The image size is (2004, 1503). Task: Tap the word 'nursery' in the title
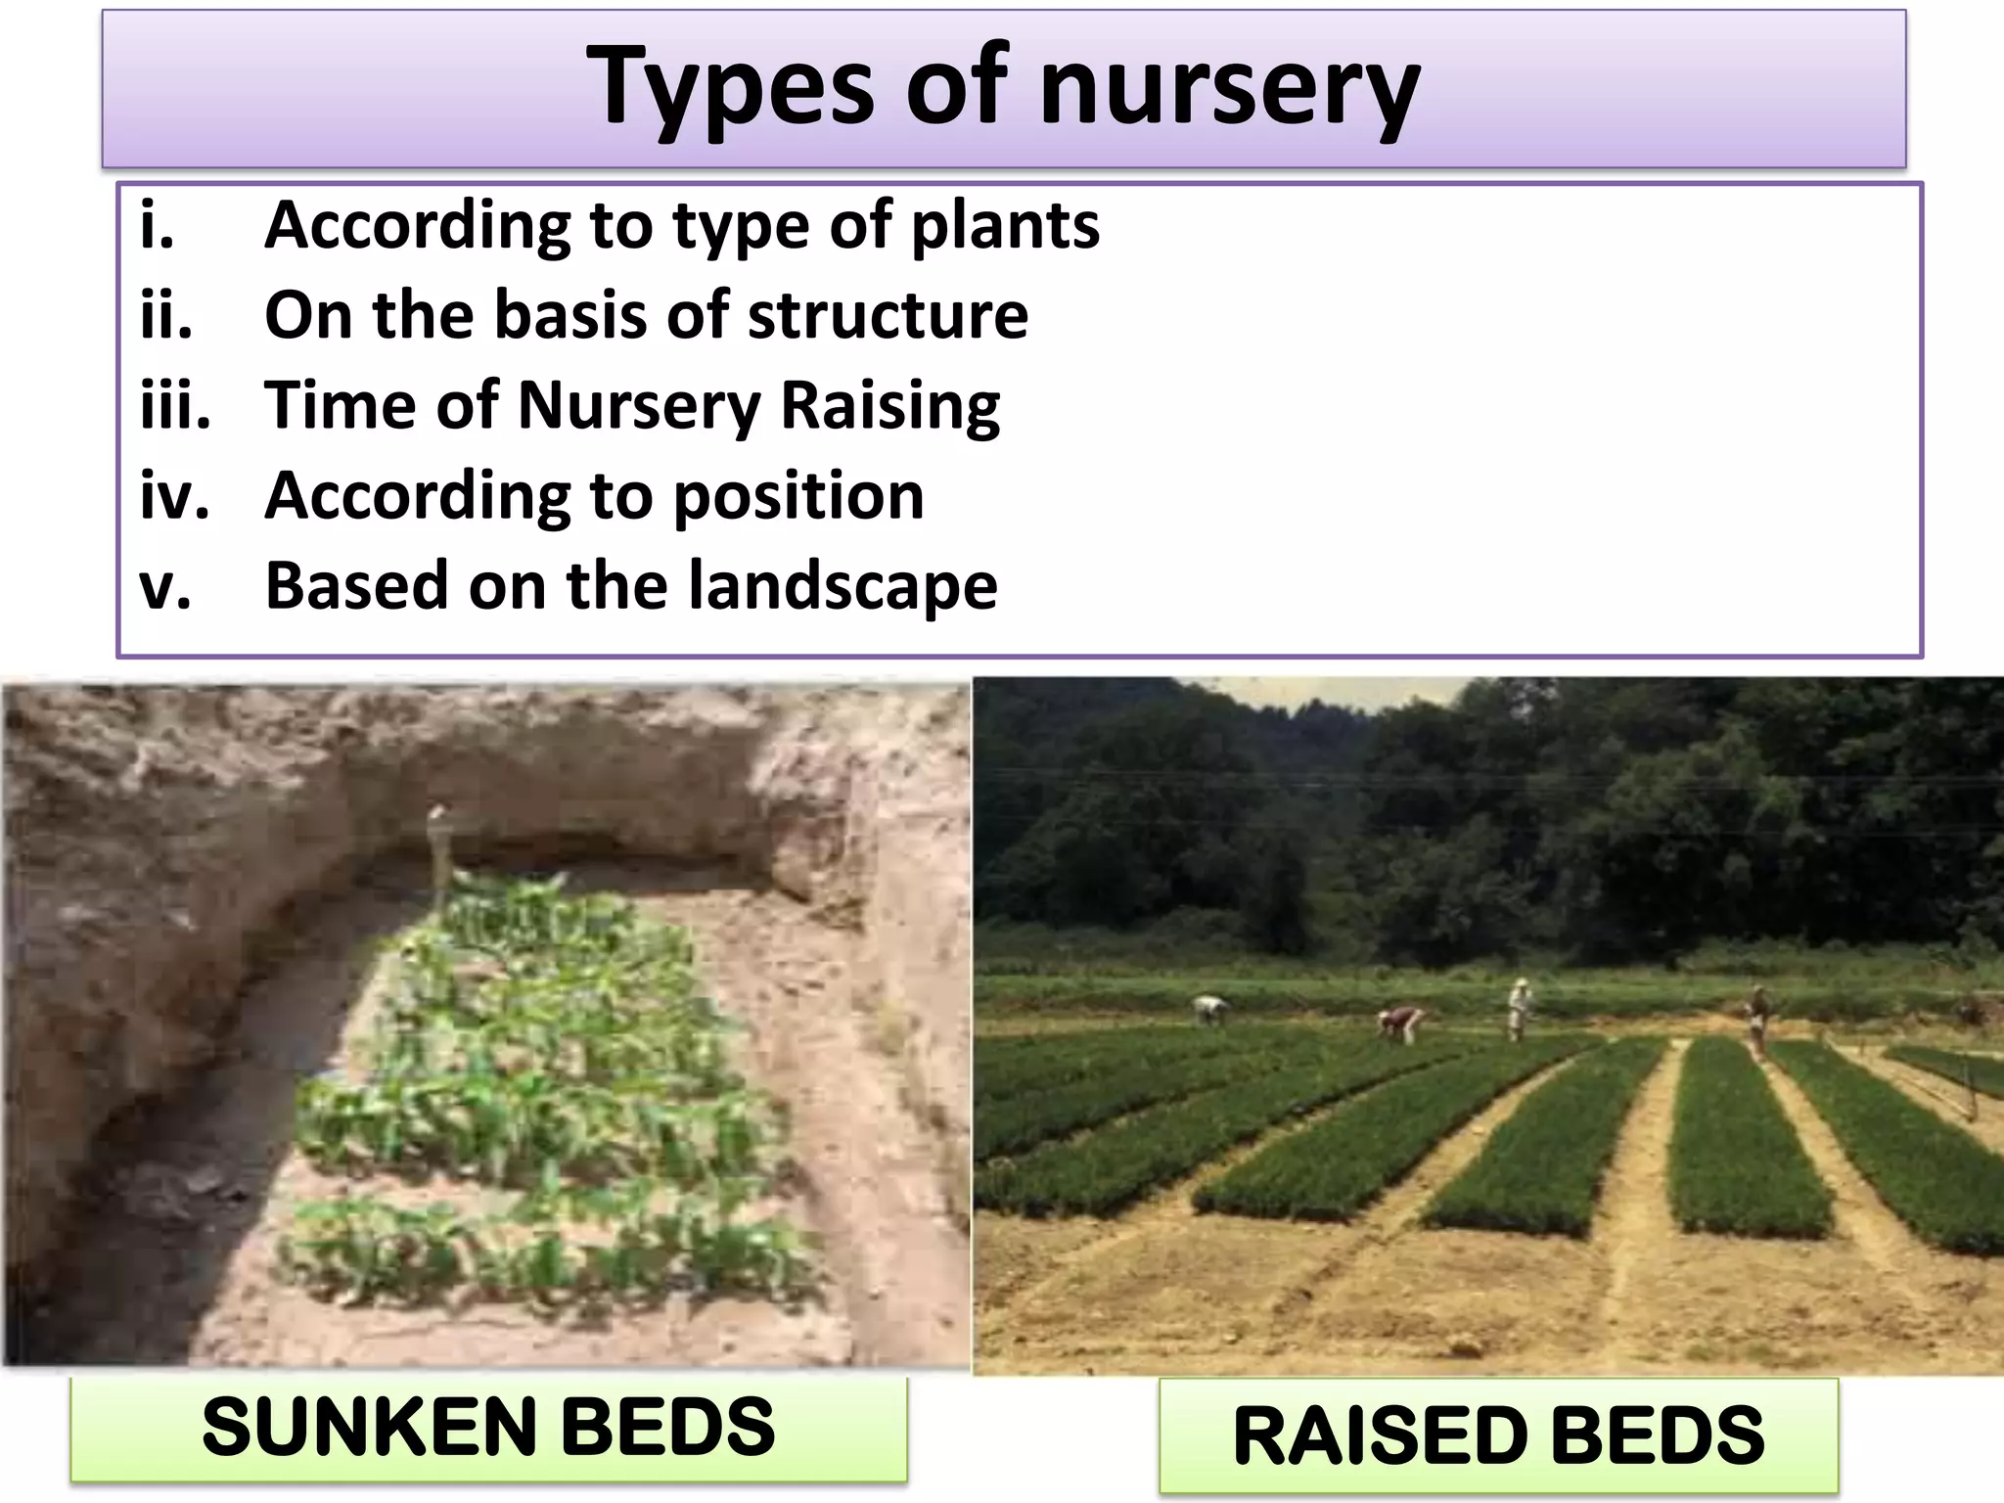pyautogui.click(x=1229, y=90)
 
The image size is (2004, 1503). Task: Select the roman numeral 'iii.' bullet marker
pyautogui.click(x=175, y=405)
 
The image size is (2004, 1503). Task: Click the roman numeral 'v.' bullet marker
pyautogui.click(x=165, y=587)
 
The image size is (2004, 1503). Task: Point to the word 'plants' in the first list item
pyautogui.click(x=1005, y=227)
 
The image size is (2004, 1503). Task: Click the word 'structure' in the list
pyautogui.click(x=888, y=316)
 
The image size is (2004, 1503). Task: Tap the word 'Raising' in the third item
pyautogui.click(x=890, y=406)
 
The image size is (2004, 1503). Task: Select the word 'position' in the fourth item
pyautogui.click(x=798, y=496)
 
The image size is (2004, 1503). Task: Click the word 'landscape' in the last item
pyautogui.click(x=843, y=586)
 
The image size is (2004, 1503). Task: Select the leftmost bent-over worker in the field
pyautogui.click(x=1211, y=1008)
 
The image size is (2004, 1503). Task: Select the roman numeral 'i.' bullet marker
pyautogui.click(x=158, y=227)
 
